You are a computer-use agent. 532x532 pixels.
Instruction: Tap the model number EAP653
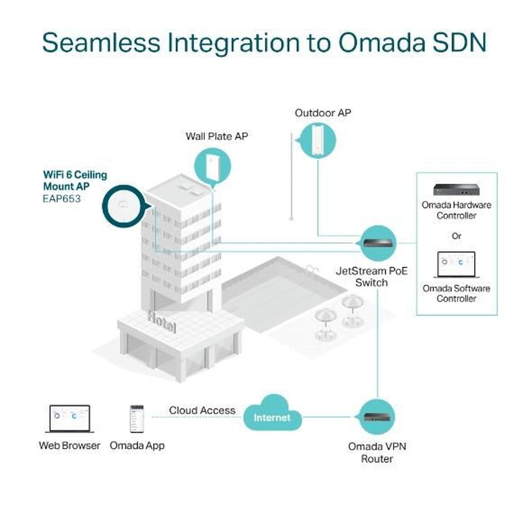tap(62, 199)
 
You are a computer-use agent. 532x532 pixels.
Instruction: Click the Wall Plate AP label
tap(217, 136)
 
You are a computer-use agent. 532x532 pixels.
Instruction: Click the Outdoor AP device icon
tap(317, 140)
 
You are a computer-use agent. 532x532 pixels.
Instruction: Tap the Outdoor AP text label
tap(323, 113)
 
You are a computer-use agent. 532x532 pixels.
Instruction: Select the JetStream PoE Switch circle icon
tap(377, 243)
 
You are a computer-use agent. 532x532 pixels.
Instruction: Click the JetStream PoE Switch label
tap(372, 277)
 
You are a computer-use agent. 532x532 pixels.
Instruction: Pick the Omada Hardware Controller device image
tap(456, 189)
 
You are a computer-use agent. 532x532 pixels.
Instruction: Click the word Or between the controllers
tap(456, 236)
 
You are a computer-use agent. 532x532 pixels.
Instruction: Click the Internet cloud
tap(272, 415)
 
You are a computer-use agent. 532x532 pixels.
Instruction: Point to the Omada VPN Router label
tap(377, 452)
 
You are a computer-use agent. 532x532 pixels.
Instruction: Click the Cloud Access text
tap(202, 411)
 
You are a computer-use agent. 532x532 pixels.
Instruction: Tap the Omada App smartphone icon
tap(137, 419)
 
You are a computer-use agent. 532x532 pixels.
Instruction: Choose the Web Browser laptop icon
tap(70, 419)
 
